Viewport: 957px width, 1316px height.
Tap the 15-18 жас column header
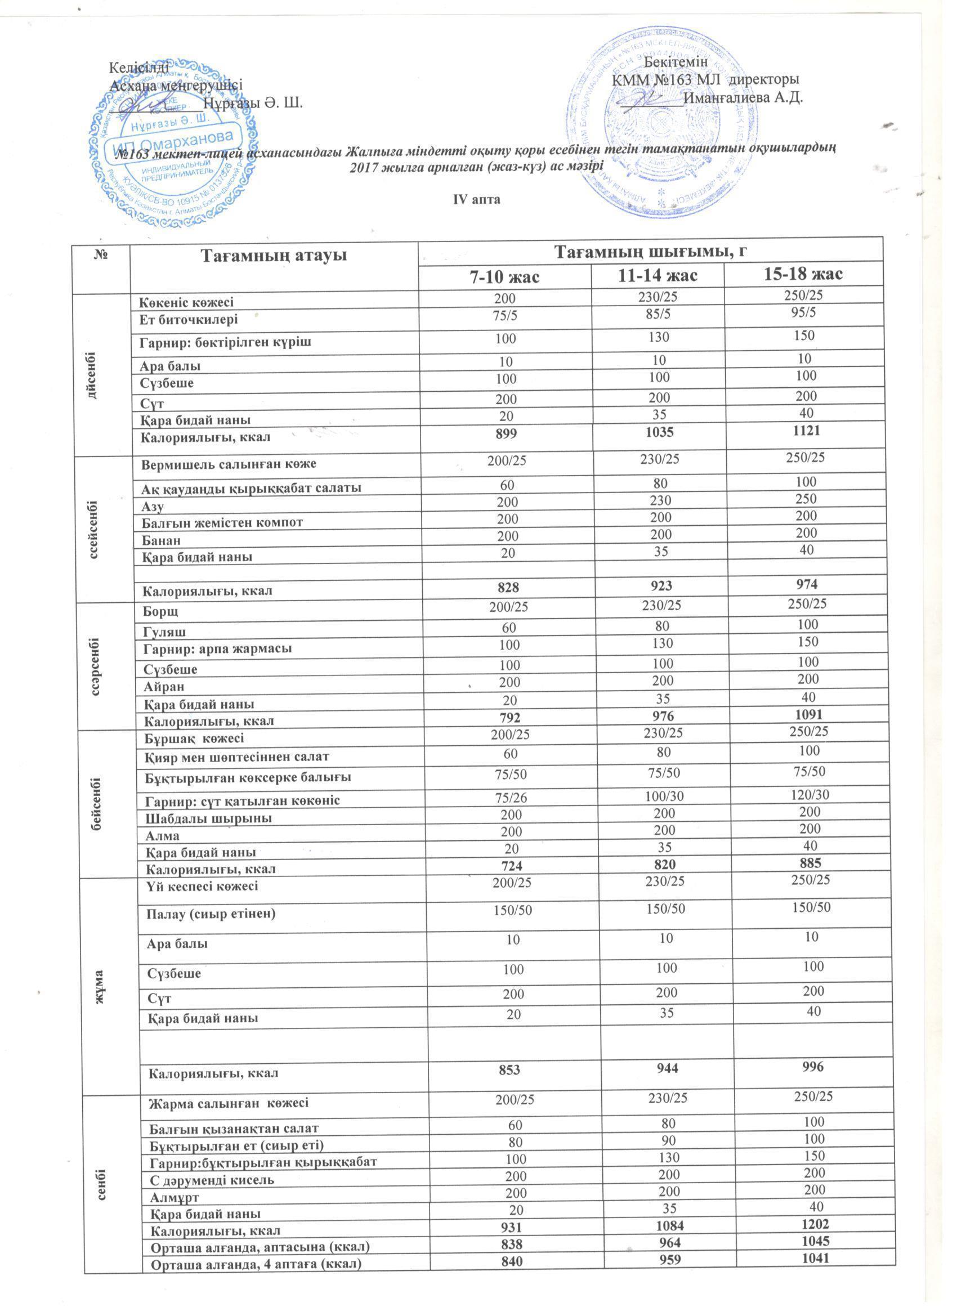tap(804, 274)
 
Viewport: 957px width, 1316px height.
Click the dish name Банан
tap(162, 539)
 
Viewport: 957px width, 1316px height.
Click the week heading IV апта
tap(476, 199)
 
